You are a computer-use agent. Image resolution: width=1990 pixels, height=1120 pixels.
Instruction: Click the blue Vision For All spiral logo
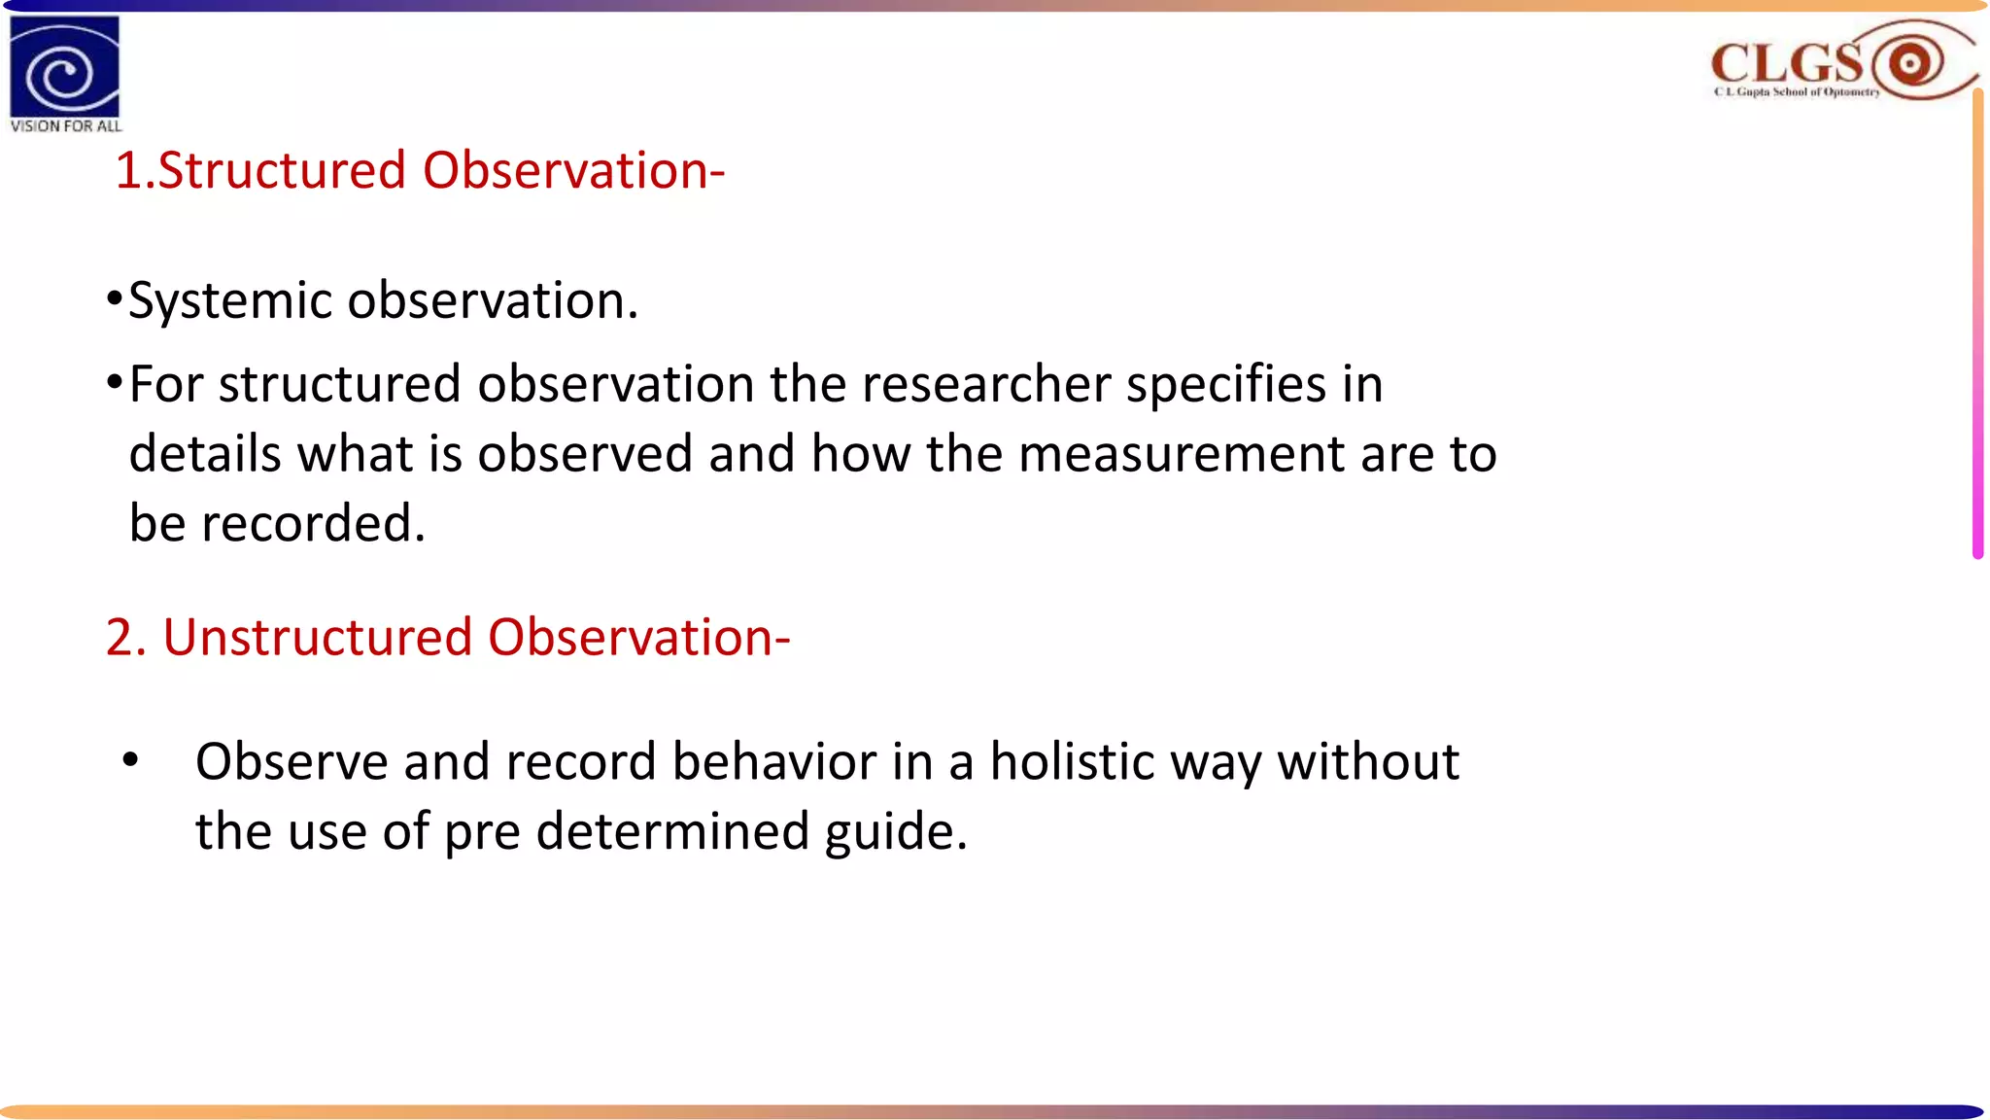tap(64, 67)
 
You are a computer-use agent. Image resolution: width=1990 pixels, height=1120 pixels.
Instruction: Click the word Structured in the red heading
tap(282, 171)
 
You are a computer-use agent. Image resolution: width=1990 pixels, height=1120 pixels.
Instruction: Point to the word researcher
tap(985, 384)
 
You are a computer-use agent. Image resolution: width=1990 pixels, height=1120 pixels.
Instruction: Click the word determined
tap(672, 832)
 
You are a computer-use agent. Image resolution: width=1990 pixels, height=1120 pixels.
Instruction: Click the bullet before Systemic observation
tap(115, 298)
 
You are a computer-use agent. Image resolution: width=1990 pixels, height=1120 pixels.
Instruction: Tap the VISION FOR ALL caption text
tap(65, 126)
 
